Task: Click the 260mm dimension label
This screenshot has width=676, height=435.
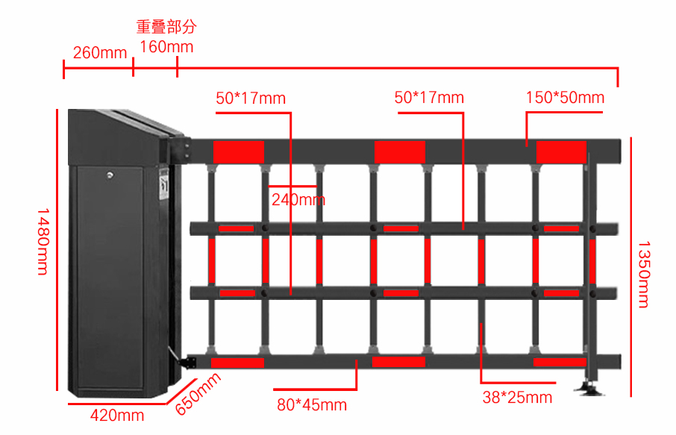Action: click(x=99, y=53)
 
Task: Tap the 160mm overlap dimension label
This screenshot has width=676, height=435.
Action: click(x=166, y=47)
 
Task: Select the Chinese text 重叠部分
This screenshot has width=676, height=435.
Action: click(x=166, y=27)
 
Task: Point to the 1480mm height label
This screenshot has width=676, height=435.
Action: click(x=43, y=242)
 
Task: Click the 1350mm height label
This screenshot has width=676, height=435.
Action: click(x=644, y=274)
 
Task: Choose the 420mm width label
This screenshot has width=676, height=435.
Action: click(x=117, y=416)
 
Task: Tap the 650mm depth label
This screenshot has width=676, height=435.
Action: click(x=198, y=394)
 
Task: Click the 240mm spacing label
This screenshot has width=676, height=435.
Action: click(x=298, y=200)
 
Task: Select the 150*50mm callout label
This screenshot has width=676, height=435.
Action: click(x=565, y=98)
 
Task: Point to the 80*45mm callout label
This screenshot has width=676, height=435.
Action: click(x=312, y=405)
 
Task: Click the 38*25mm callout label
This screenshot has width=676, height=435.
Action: click(x=517, y=398)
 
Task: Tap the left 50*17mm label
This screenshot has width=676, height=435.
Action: click(x=251, y=98)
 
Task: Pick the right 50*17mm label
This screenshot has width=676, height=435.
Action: click(x=429, y=98)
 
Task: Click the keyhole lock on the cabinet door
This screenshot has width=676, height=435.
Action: click(x=110, y=175)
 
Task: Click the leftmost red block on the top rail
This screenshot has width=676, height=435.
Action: click(x=239, y=151)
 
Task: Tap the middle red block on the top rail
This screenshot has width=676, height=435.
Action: click(x=400, y=151)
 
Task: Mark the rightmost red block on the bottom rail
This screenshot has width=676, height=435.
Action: click(x=560, y=362)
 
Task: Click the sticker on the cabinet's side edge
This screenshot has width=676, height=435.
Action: click(x=164, y=184)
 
